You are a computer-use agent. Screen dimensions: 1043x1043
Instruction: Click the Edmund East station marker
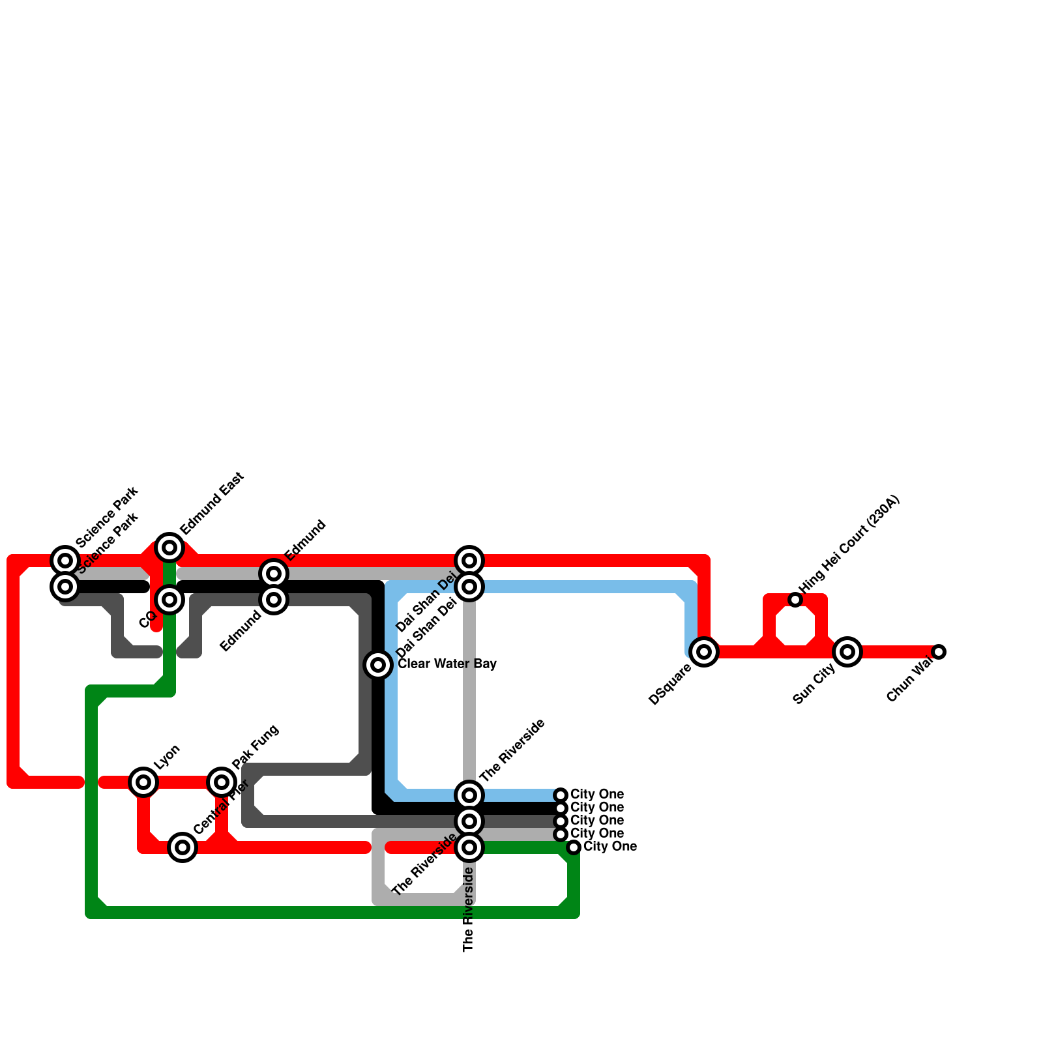169,548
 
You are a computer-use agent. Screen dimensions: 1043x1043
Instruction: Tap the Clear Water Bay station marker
378,665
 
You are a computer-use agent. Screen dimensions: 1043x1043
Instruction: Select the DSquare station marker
704,652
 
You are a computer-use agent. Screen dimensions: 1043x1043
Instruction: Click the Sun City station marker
847,652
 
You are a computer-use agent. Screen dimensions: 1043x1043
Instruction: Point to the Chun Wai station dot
939,652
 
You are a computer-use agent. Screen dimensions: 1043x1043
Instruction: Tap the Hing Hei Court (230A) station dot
795,600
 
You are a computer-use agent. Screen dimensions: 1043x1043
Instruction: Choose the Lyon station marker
143,782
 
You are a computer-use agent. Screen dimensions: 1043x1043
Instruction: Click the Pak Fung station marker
222,782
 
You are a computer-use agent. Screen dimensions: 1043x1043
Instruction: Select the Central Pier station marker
183,847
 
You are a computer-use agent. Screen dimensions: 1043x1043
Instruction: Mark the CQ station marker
169,600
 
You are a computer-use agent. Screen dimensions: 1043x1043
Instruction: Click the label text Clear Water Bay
447,664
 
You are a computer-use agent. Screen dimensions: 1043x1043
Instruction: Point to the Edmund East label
212,503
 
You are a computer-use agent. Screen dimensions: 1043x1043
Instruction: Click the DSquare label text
670,684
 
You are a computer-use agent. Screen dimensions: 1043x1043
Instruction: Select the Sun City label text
814,683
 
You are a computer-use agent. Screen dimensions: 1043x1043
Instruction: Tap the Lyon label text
167,756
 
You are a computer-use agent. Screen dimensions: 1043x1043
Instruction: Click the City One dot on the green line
574,847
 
